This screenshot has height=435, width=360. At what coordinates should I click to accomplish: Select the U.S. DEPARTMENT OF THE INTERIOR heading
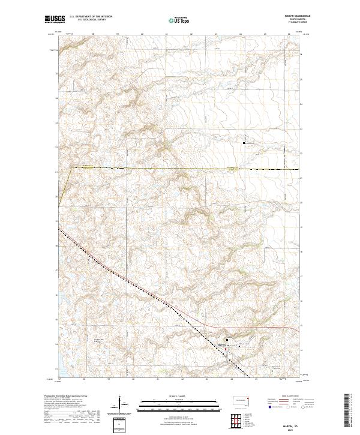pyautogui.click(x=91, y=17)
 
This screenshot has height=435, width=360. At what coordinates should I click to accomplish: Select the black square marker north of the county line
pyautogui.click(x=244, y=143)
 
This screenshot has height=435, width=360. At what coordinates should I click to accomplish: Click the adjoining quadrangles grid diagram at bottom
pyautogui.click(x=238, y=421)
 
